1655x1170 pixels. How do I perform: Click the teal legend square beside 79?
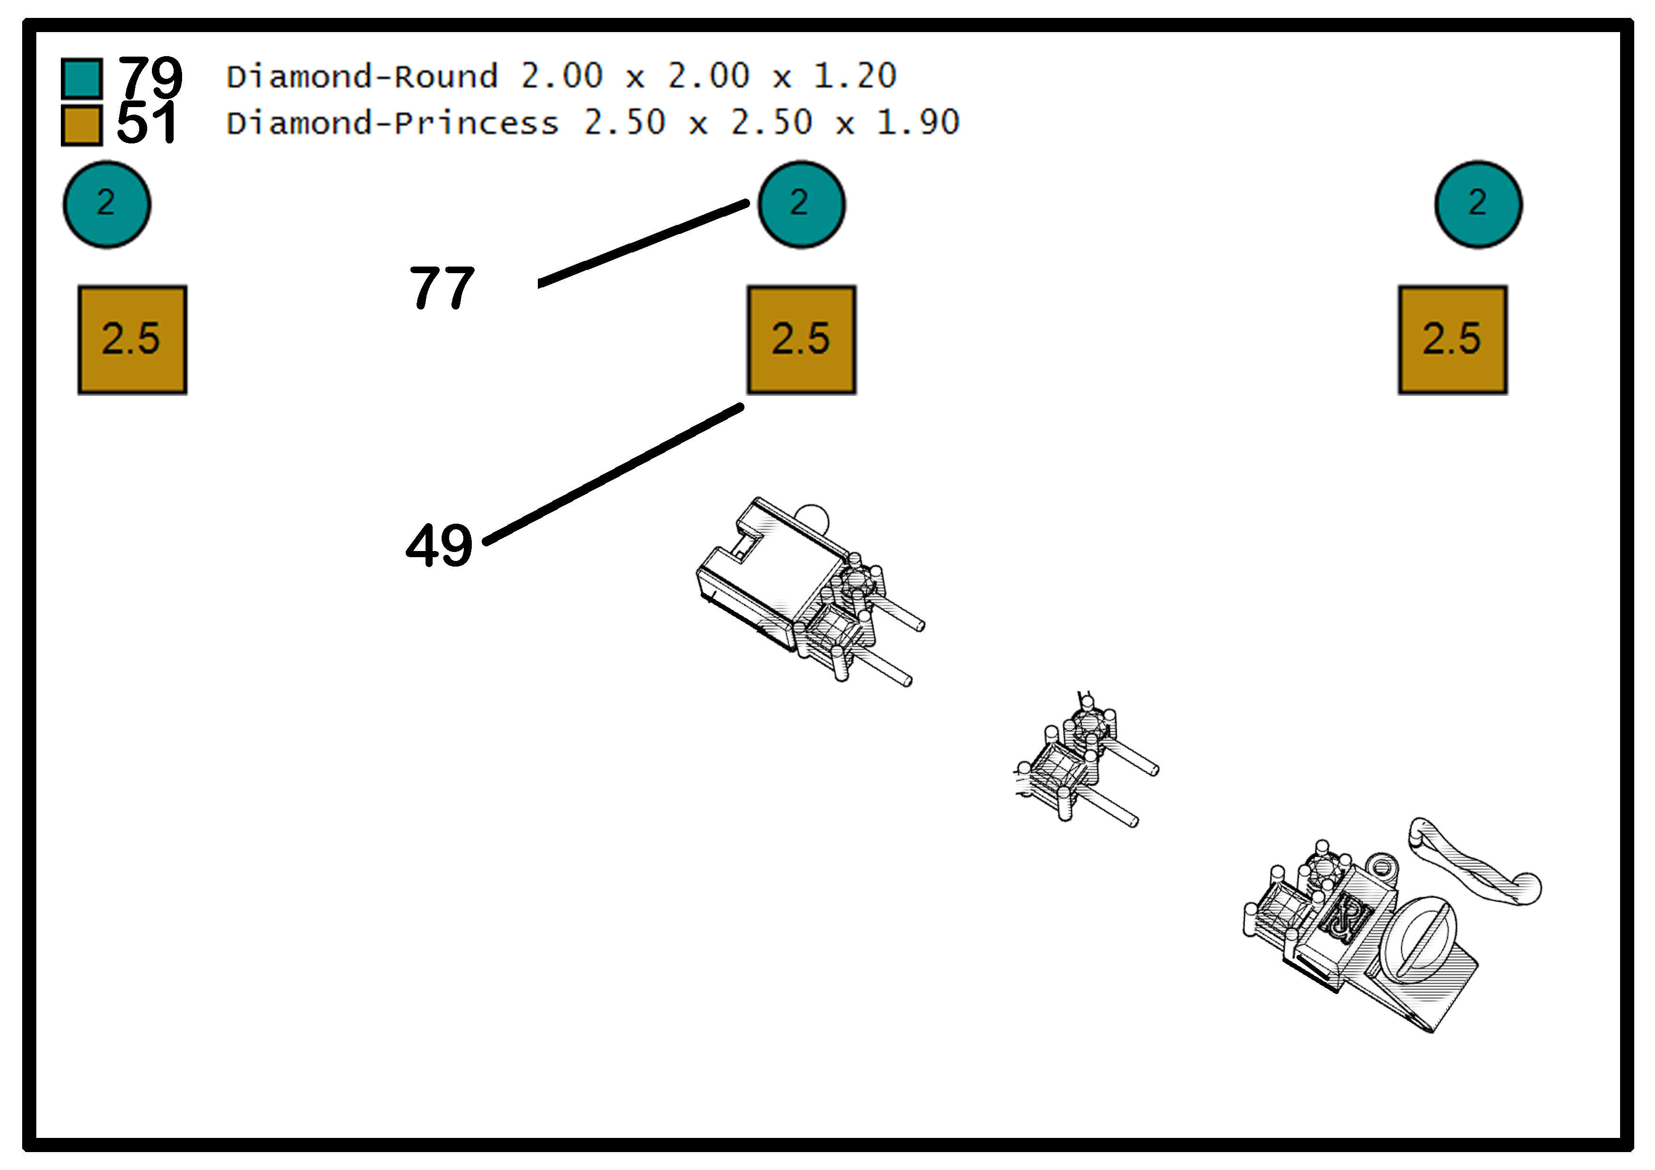click(82, 78)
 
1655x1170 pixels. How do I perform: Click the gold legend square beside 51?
click(82, 125)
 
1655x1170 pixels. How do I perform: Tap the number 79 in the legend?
click(150, 76)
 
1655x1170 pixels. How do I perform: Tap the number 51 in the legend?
click(146, 123)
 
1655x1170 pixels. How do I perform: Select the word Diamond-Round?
click(363, 76)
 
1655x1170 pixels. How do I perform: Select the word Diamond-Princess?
click(393, 123)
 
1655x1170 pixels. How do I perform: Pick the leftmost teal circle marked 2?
click(107, 205)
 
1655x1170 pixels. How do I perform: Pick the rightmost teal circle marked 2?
click(1479, 205)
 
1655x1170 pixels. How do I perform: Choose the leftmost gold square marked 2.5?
click(133, 340)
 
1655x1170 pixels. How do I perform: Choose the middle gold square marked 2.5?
click(802, 340)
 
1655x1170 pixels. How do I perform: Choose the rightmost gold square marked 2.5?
click(1453, 340)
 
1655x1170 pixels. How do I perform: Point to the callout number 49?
click(439, 545)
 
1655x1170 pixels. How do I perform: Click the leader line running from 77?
click(644, 243)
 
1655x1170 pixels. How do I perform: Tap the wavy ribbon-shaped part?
click(1475, 863)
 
